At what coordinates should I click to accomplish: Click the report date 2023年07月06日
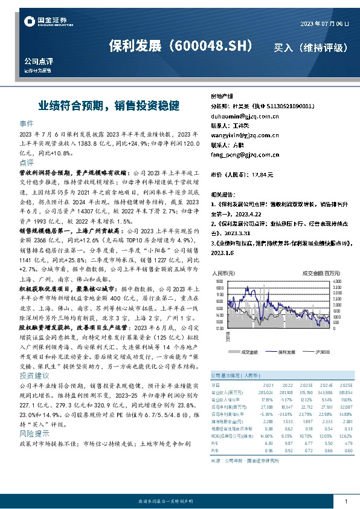(324, 23)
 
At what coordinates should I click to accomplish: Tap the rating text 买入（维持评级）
(310, 47)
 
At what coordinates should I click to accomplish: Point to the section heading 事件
(27, 123)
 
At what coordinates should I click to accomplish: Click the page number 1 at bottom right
(346, 501)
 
